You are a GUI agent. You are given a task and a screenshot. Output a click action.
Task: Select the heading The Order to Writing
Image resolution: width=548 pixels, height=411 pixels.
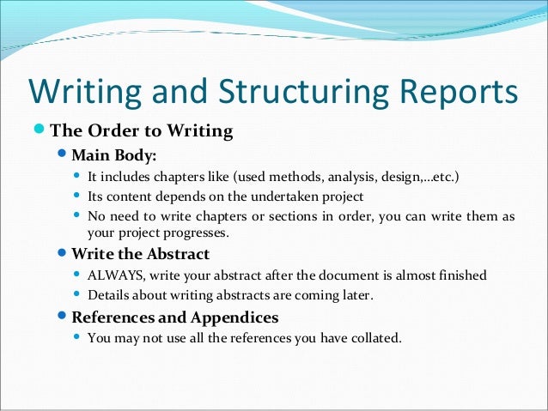pos(142,131)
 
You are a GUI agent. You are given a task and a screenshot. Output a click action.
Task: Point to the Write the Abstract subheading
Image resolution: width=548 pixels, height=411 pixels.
pos(140,255)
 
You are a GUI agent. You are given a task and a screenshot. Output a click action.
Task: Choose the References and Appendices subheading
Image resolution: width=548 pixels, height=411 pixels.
pos(174,317)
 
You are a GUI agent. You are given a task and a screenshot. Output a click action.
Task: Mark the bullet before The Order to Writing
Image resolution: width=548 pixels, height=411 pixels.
pos(37,131)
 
